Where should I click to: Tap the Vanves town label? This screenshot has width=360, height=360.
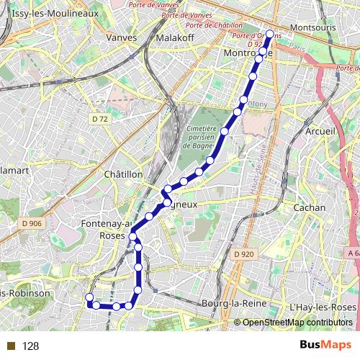click(121, 37)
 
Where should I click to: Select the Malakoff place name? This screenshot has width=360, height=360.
click(175, 37)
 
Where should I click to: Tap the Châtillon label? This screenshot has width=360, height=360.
click(124, 174)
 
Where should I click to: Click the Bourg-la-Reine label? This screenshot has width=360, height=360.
click(234, 303)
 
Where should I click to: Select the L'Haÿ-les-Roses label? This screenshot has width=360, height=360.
click(323, 307)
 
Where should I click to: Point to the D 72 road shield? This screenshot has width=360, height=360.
click(99, 117)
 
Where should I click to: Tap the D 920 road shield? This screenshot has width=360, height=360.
click(245, 253)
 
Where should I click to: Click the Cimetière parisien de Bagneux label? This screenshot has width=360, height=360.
click(207, 137)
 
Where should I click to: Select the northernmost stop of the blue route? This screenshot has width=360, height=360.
click(270, 34)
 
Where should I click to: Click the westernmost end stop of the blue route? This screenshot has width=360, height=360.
click(89, 297)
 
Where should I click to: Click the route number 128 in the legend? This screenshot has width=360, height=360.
click(30, 346)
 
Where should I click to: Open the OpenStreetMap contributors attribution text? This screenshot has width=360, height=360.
click(297, 323)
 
